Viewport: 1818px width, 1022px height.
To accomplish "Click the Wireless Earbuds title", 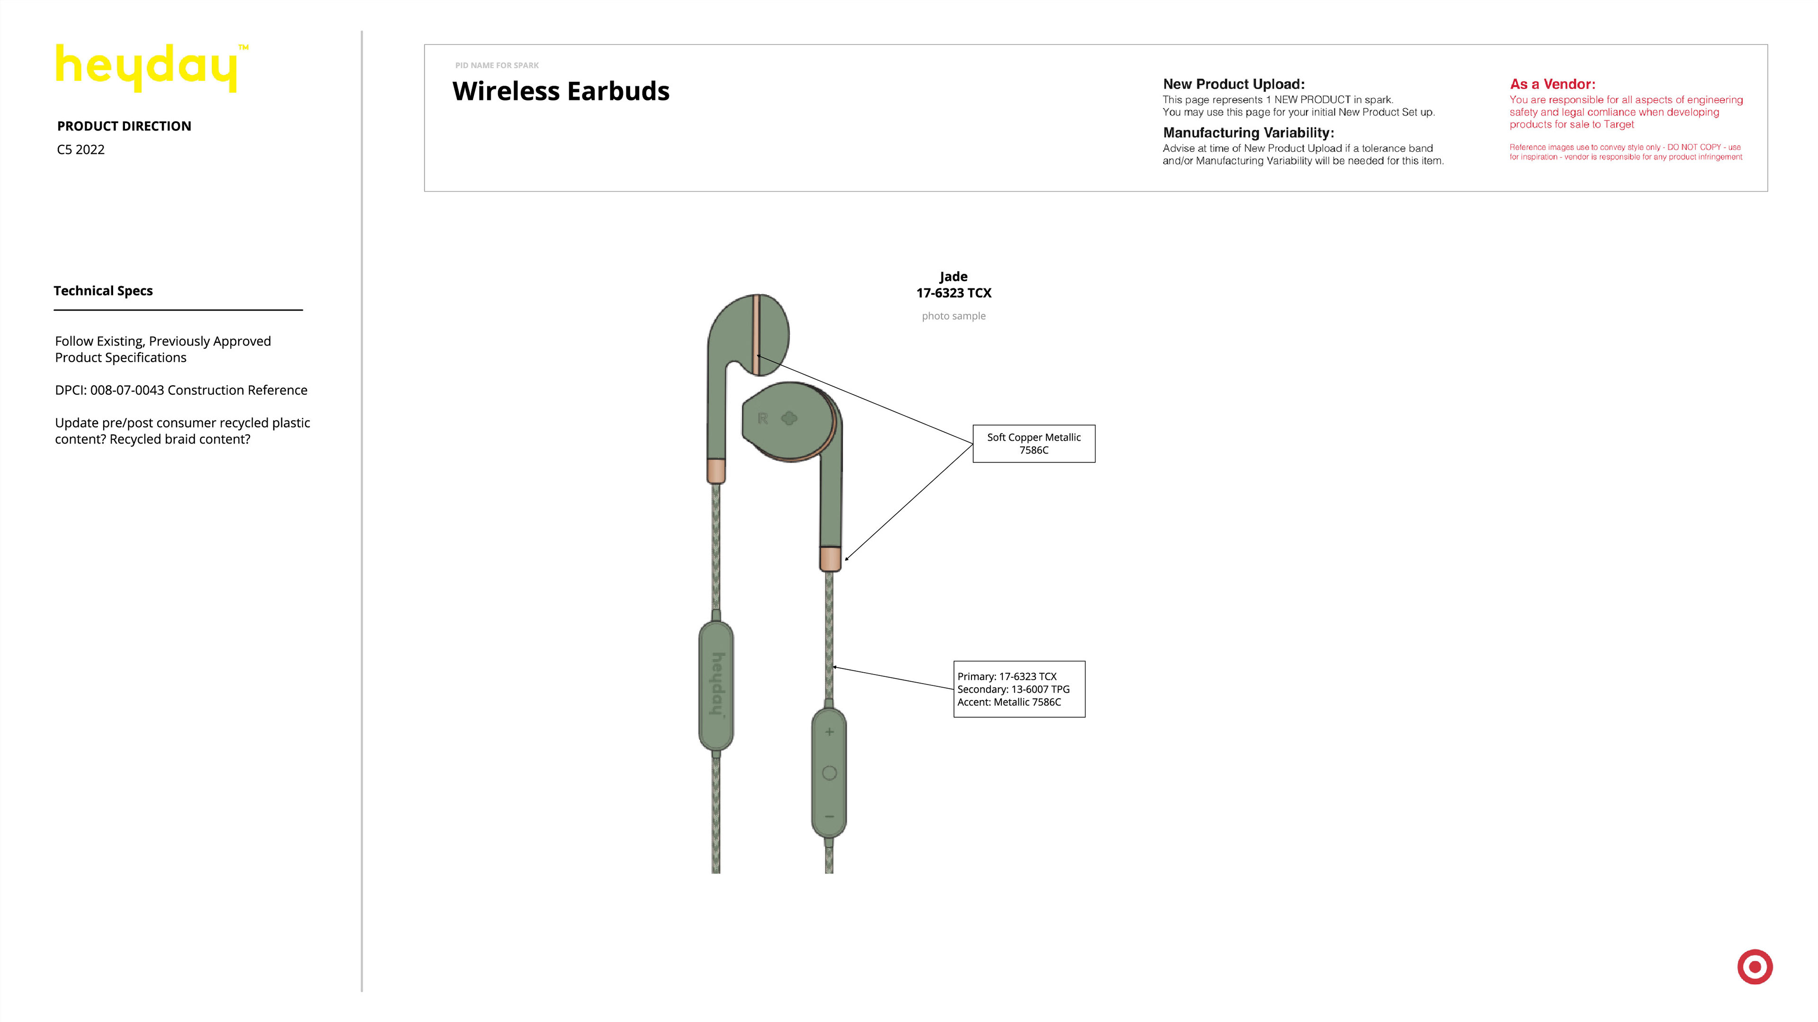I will pos(561,91).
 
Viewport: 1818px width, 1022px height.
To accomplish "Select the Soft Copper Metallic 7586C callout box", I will pos(1033,443).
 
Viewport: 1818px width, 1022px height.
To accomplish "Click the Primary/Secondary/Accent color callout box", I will pos(1018,689).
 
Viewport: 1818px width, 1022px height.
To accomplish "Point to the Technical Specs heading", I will pos(103,291).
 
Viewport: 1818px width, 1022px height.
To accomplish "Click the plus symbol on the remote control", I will pos(829,732).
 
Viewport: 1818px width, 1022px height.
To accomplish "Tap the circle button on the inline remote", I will pos(829,773).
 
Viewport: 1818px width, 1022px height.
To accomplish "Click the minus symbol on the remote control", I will pos(829,817).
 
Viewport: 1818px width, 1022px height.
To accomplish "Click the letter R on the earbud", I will pos(762,418).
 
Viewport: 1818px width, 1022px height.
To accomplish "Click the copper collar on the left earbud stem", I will pos(716,471).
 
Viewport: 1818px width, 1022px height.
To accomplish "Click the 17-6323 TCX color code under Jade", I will pos(954,293).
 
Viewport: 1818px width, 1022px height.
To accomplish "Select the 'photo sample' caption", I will pos(954,316).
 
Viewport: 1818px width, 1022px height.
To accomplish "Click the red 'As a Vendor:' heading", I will pos(1552,84).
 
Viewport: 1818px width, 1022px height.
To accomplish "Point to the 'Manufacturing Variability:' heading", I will pos(1248,133).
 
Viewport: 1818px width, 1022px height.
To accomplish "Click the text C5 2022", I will pos(80,150).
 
